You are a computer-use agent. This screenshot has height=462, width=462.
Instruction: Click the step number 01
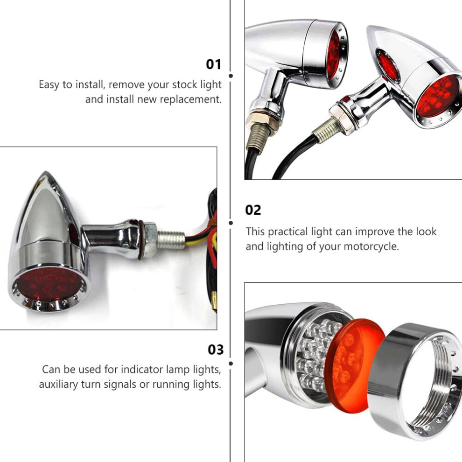213,64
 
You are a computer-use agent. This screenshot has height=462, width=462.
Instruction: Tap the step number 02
253,210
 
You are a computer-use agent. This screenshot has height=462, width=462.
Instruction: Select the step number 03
216,350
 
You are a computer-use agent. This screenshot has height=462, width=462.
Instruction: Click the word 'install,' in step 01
90,85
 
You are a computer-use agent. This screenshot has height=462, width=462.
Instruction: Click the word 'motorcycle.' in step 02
371,246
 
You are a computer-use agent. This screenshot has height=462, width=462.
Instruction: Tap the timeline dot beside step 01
231,76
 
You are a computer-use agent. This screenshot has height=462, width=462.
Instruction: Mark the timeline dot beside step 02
231,223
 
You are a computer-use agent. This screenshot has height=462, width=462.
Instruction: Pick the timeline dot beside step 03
231,364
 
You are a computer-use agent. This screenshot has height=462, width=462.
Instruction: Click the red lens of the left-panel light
49,284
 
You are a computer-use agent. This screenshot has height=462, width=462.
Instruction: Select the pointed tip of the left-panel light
46,172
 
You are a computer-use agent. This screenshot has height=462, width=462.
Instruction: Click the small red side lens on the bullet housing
388,66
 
